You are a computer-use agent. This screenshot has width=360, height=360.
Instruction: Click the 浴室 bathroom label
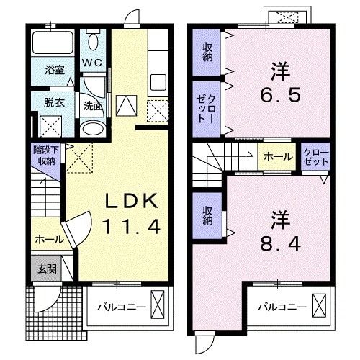(55, 70)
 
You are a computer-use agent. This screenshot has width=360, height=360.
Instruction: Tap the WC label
(92, 63)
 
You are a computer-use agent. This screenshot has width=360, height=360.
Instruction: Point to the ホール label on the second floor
(279, 157)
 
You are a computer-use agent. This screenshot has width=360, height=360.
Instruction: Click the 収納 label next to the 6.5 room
(207, 53)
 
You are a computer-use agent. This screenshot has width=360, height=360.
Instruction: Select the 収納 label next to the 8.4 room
(207, 215)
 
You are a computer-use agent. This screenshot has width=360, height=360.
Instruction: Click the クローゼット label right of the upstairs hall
(315, 158)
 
